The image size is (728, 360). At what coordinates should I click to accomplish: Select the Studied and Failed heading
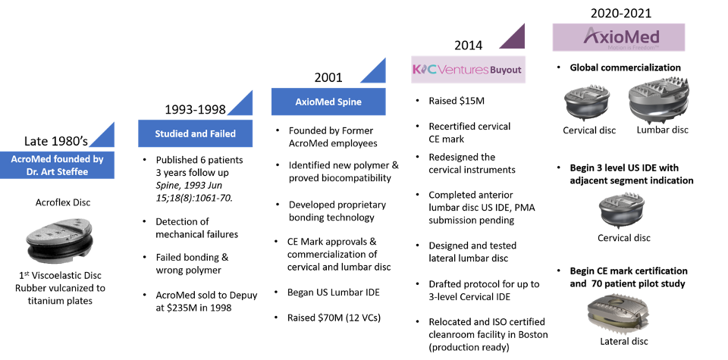[x=195, y=134]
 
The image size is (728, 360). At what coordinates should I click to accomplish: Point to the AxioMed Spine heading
[x=328, y=102]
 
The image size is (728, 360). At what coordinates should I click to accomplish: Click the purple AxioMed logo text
[x=622, y=36]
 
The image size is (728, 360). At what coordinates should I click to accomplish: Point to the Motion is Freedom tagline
[x=622, y=48]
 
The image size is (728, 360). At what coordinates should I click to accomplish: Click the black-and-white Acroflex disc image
[x=58, y=240]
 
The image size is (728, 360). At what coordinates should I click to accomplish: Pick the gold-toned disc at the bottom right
[x=618, y=310]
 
